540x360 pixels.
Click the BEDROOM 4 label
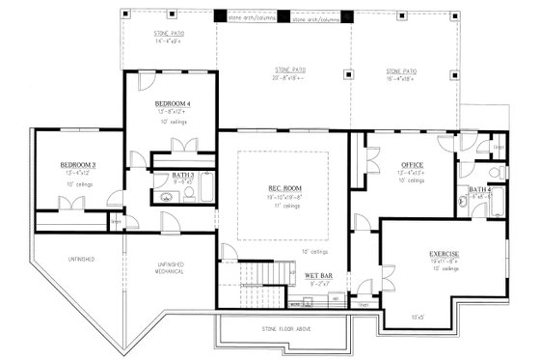(x=173, y=102)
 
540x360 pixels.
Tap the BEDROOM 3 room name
(x=77, y=165)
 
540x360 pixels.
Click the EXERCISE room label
(x=444, y=253)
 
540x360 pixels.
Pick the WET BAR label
(x=319, y=276)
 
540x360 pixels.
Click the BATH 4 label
(x=479, y=189)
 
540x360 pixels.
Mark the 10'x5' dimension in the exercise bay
(x=417, y=316)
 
